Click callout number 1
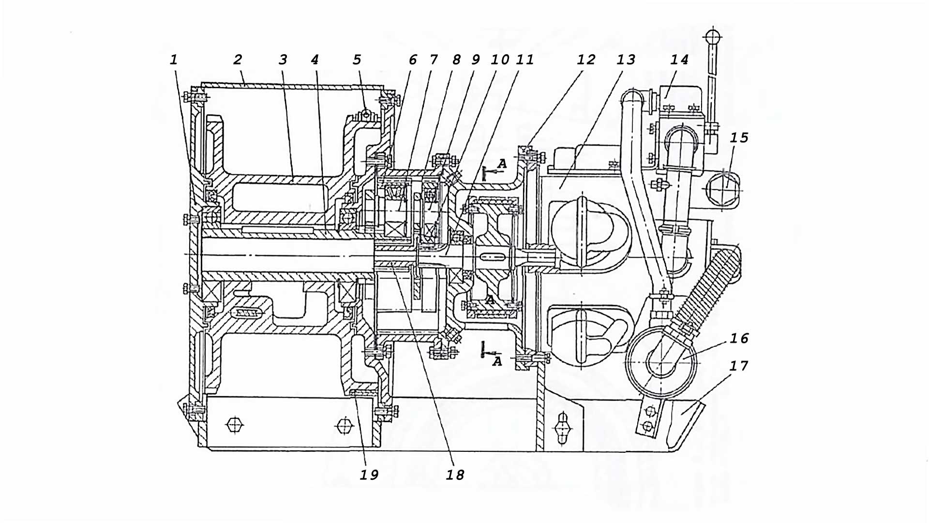click(174, 60)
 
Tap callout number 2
click(237, 60)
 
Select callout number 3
click(283, 60)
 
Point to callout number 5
click(357, 60)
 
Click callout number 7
click(434, 60)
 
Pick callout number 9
click(476, 60)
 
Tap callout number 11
click(524, 60)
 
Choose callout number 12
click(586, 60)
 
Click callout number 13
click(626, 60)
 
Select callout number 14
click(679, 60)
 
